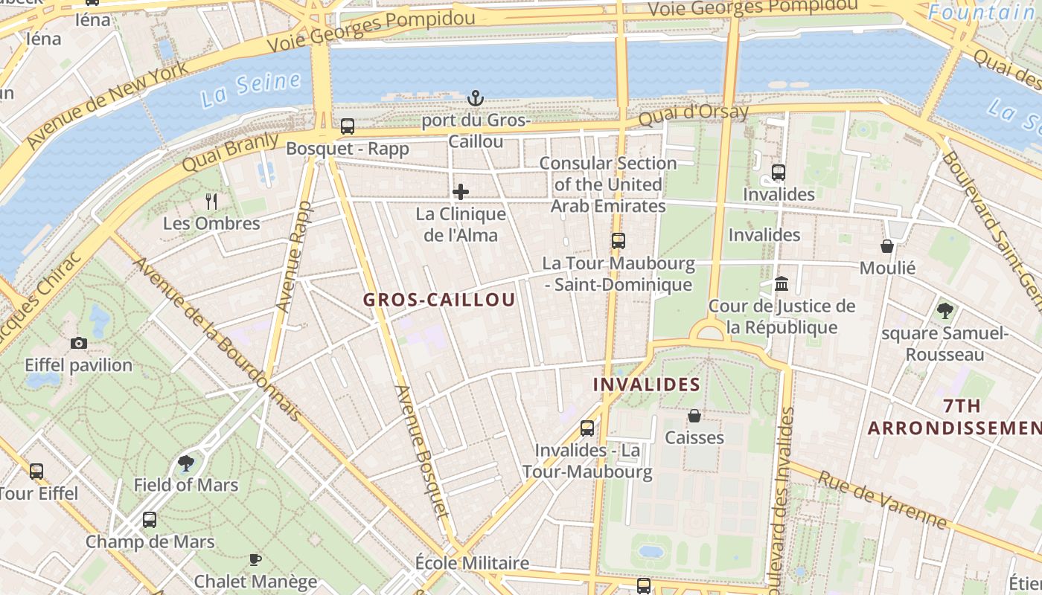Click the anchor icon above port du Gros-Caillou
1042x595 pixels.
tap(475, 98)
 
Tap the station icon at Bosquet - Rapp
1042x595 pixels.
tap(348, 126)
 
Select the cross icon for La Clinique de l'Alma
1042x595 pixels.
tap(461, 192)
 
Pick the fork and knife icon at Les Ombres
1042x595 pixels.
tap(211, 201)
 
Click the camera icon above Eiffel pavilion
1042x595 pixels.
tap(78, 343)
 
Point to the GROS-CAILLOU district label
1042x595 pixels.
tap(439, 300)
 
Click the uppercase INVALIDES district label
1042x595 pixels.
tap(647, 385)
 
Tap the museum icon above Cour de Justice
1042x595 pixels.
tap(781, 283)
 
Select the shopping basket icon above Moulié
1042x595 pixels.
tap(887, 245)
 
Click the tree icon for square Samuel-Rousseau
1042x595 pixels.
tap(944, 310)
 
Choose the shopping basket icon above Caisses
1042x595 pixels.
tap(694, 415)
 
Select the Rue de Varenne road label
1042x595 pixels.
tap(883, 500)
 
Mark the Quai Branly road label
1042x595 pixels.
tap(230, 152)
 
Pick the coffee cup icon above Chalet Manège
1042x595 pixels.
tap(255, 559)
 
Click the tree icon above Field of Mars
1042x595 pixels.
tap(186, 463)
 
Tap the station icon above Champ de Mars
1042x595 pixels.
tap(150, 519)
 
